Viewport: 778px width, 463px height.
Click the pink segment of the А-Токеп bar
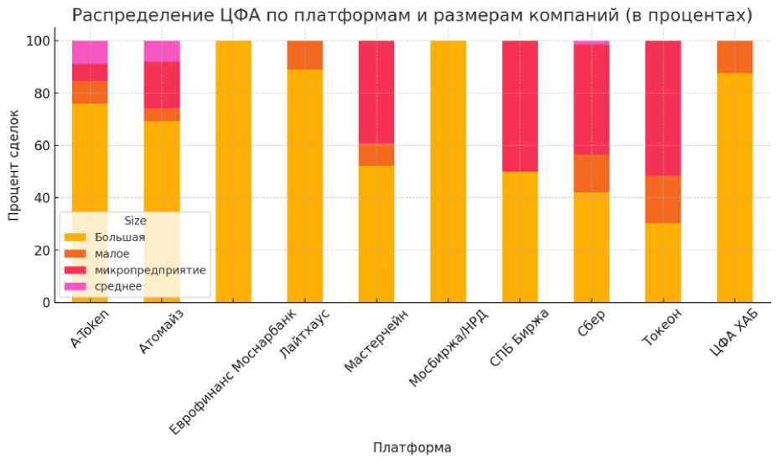click(x=90, y=52)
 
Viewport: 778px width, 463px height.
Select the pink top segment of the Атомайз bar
click(x=161, y=50)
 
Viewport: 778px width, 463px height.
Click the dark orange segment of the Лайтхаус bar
click(x=304, y=55)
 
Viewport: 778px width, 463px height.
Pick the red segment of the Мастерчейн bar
click(x=376, y=92)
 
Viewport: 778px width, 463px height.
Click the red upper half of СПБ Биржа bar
click(x=520, y=106)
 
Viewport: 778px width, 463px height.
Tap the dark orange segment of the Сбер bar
click(x=591, y=173)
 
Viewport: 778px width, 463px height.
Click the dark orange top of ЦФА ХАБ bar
click(x=734, y=57)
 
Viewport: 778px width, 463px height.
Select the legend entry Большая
click(x=121, y=237)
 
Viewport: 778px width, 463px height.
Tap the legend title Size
click(x=135, y=221)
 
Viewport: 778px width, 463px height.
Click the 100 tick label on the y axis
click(x=40, y=40)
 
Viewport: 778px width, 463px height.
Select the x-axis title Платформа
click(x=412, y=447)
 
